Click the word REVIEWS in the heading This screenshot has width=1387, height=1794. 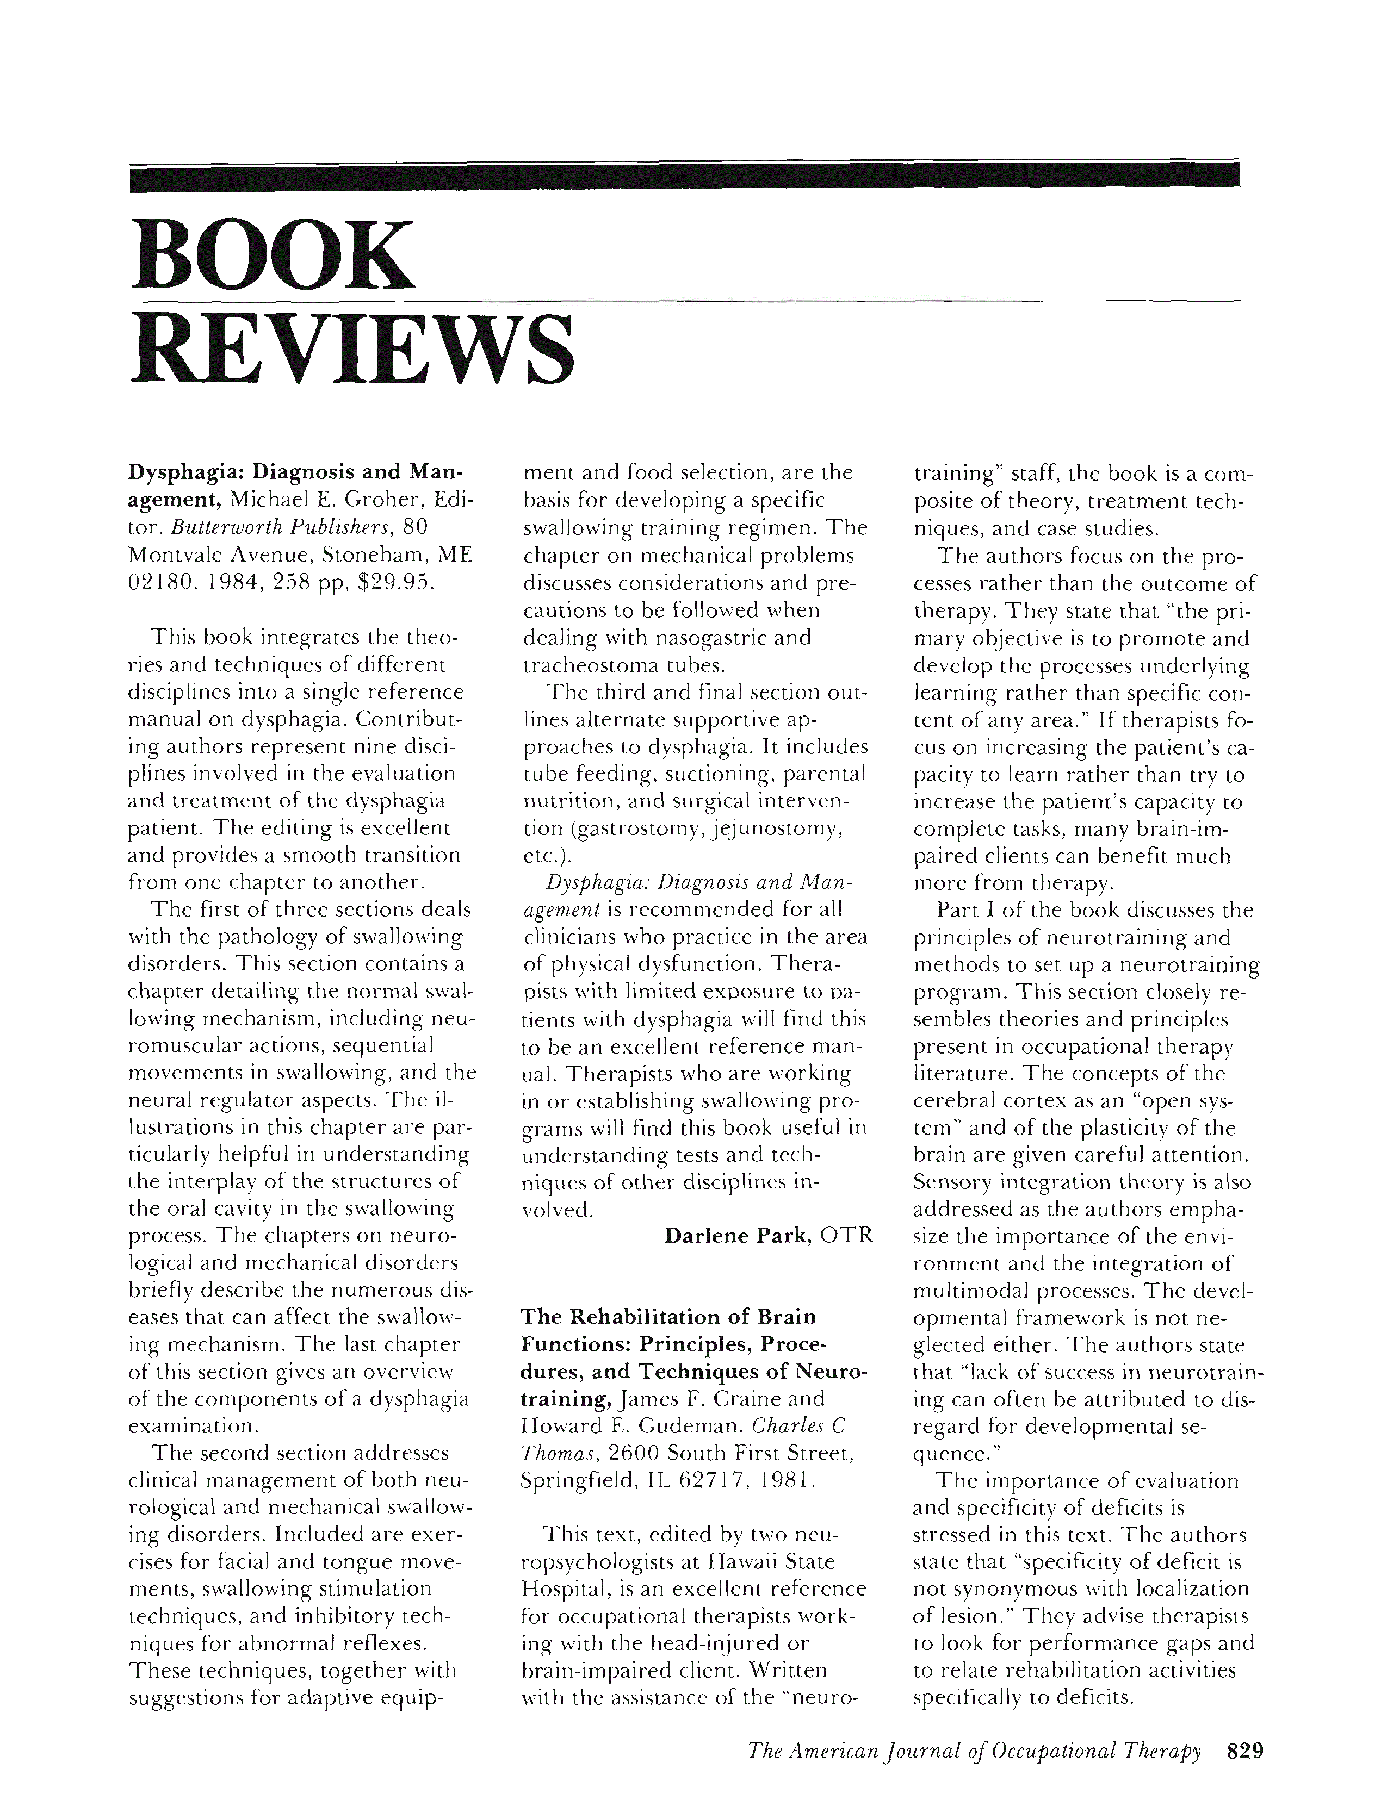pyautogui.click(x=352, y=352)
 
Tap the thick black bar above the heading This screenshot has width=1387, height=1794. pyautogui.click(x=684, y=177)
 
